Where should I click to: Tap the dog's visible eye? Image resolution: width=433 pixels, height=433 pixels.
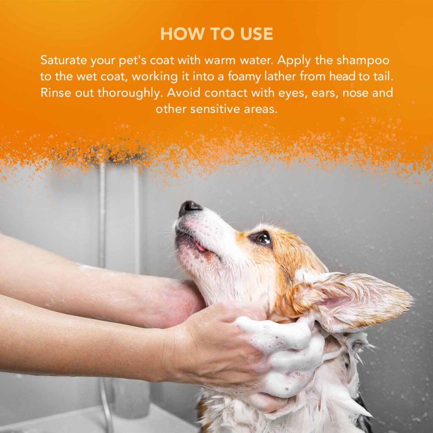(262, 238)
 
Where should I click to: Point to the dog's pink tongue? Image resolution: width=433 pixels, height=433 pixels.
(200, 247)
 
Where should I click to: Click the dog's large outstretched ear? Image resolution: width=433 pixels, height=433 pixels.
(356, 301)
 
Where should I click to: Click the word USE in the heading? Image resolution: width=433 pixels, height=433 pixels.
(257, 34)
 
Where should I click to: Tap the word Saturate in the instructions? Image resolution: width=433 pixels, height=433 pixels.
(63, 60)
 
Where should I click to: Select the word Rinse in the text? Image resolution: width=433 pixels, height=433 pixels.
(55, 93)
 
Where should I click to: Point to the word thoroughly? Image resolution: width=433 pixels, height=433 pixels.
(129, 93)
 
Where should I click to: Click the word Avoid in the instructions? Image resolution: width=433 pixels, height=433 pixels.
(184, 93)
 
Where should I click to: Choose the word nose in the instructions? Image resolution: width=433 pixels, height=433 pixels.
(355, 93)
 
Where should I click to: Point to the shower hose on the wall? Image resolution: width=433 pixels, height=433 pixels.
(103, 215)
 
